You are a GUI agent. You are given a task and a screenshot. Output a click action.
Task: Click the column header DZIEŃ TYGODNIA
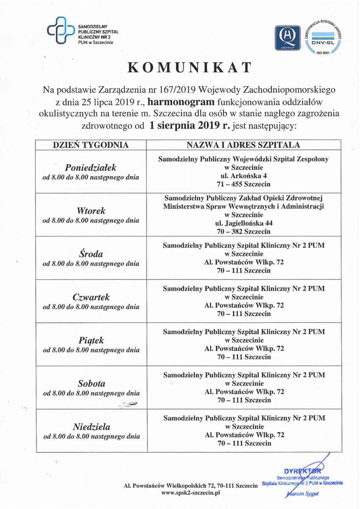[x=90, y=145]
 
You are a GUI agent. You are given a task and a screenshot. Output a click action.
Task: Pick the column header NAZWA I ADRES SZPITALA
[x=243, y=145]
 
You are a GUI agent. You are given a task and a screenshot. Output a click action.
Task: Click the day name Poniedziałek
[x=91, y=167]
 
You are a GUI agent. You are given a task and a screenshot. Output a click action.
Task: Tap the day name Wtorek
[x=91, y=211]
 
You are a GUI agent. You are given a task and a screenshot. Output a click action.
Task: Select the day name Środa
[x=91, y=254]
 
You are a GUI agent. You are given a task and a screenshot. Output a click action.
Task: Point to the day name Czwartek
[x=91, y=297]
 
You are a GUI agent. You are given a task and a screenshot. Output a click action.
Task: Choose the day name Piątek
[x=91, y=341]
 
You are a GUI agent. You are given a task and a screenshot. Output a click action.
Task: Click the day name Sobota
[x=91, y=383]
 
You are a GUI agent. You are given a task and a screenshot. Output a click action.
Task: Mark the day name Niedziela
[x=91, y=427]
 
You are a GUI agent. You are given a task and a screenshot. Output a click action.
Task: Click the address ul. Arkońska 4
[x=243, y=176]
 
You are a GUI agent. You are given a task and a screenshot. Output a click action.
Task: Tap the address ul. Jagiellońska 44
[x=243, y=223]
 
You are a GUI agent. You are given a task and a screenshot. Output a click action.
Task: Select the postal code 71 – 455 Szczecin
[x=243, y=185]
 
